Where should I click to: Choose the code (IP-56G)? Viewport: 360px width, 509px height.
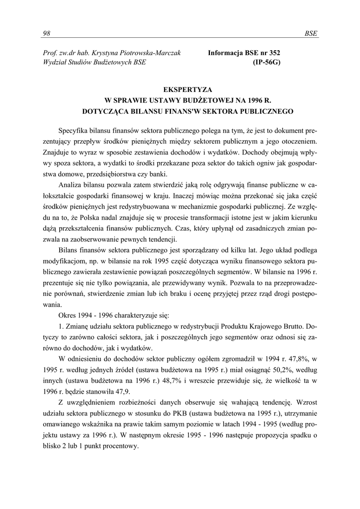267,62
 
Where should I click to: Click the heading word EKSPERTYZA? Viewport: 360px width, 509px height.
180,90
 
